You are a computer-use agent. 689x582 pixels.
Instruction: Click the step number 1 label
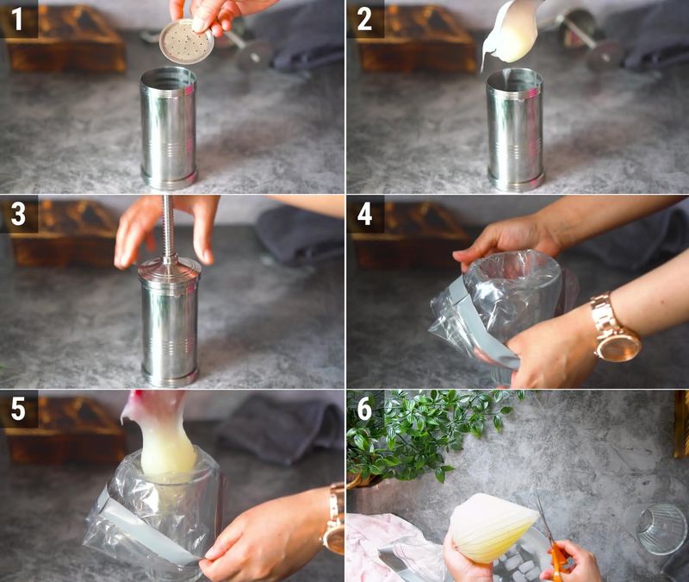[18, 19]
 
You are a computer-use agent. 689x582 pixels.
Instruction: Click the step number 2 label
[364, 19]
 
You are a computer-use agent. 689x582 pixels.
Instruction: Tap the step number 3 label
[18, 214]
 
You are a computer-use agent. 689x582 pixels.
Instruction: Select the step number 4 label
[364, 214]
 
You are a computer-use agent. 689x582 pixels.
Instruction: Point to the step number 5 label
[18, 408]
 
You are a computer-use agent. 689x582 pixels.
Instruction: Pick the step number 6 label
[364, 408]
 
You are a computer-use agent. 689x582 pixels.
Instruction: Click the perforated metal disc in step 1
[187, 41]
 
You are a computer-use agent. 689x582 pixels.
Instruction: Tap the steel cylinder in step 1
[169, 129]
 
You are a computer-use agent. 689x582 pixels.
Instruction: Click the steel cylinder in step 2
[515, 129]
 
